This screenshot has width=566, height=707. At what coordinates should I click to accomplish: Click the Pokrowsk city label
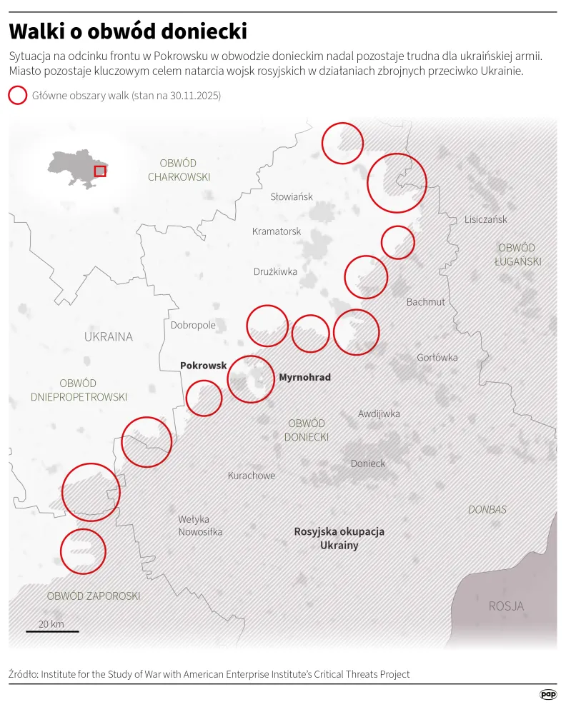pyautogui.click(x=203, y=365)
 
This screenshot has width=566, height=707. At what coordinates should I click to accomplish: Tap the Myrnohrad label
pyautogui.click(x=304, y=377)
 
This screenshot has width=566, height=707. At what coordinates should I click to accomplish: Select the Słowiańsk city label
pyautogui.click(x=292, y=196)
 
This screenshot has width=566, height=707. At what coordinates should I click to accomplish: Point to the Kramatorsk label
pyautogui.click(x=277, y=231)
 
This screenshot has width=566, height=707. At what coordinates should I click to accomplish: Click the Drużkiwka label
pyautogui.click(x=275, y=271)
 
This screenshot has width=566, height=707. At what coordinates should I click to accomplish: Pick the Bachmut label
pyautogui.click(x=426, y=302)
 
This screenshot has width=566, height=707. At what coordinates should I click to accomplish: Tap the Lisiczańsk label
pyautogui.click(x=485, y=219)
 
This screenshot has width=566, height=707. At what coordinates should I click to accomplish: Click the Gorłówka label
pyautogui.click(x=437, y=358)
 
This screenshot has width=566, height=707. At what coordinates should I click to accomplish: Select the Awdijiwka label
pyautogui.click(x=379, y=413)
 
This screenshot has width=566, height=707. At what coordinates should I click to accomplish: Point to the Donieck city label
pyautogui.click(x=368, y=463)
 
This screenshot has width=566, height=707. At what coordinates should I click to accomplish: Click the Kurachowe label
pyautogui.click(x=252, y=476)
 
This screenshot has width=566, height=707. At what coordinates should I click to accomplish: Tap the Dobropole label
pyautogui.click(x=193, y=325)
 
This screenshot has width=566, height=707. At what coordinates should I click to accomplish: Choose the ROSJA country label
pyautogui.click(x=506, y=606)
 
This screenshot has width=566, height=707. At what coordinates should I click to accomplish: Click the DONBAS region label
pyautogui.click(x=487, y=510)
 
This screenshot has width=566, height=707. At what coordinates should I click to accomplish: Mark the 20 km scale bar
pyautogui.click(x=53, y=631)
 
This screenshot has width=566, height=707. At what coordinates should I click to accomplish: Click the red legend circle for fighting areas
pyautogui.click(x=17, y=96)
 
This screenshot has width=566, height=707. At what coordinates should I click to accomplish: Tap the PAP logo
pyautogui.click(x=548, y=694)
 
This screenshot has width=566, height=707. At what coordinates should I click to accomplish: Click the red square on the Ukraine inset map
pyautogui.click(x=100, y=171)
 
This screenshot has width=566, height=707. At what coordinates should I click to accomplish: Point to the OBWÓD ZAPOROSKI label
pyautogui.click(x=94, y=596)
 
